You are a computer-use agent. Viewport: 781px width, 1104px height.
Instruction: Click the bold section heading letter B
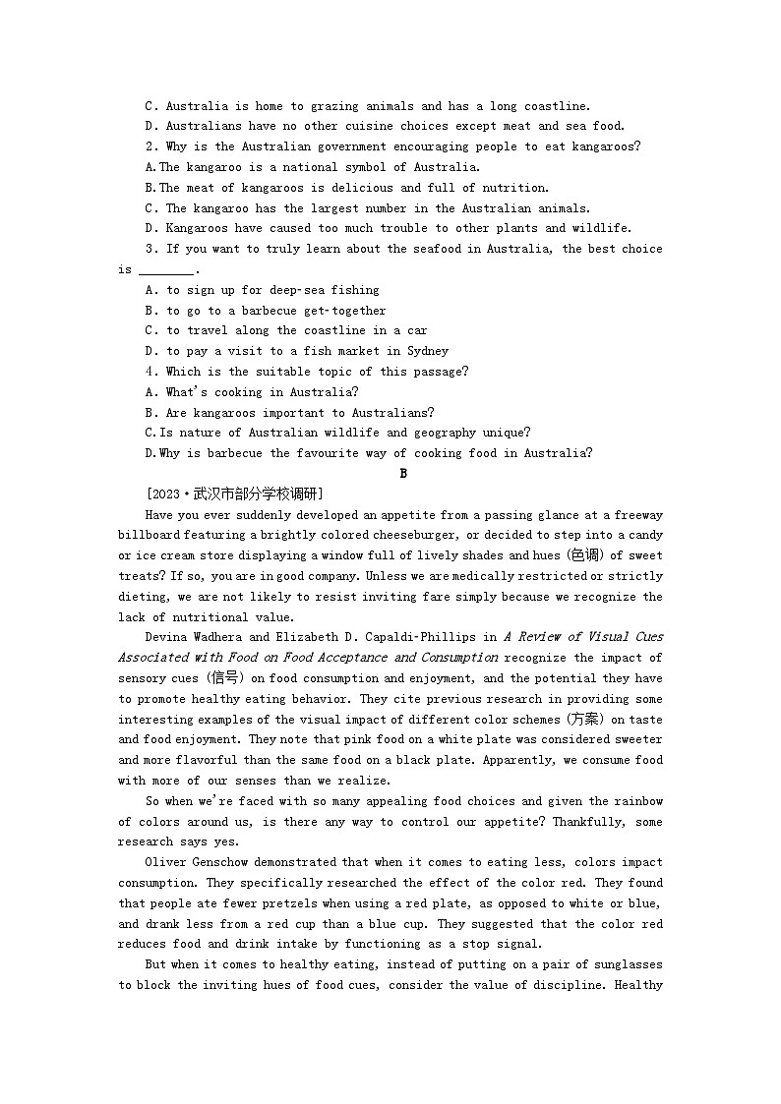click(x=402, y=474)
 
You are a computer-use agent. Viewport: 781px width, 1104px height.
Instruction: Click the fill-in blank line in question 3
click(x=166, y=270)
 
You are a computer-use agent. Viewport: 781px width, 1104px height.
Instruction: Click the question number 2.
click(x=150, y=146)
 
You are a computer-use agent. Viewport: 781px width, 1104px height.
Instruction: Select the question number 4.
click(x=150, y=372)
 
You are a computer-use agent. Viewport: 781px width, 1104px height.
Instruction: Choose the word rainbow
click(x=637, y=801)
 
